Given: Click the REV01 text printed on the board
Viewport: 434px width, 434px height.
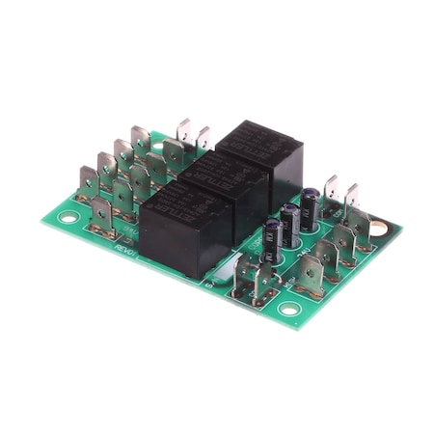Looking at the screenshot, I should click(126, 254).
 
